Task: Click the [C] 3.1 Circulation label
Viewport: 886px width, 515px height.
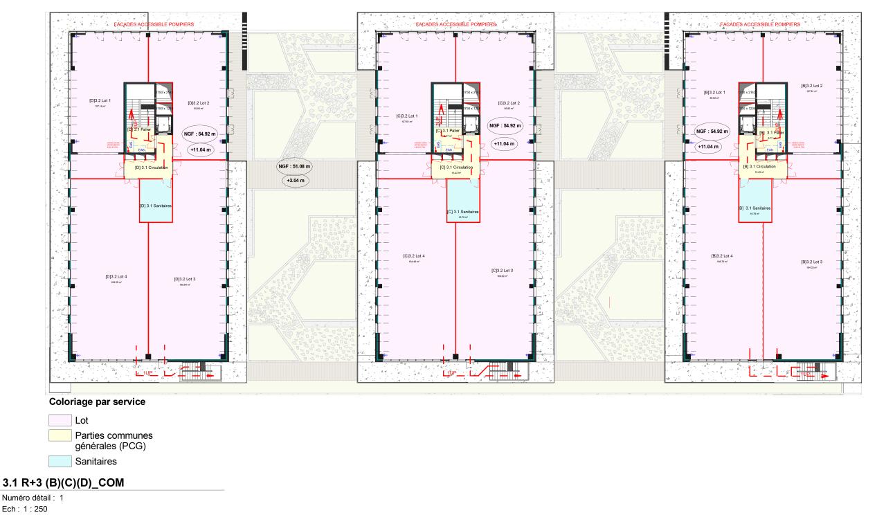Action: tap(457, 168)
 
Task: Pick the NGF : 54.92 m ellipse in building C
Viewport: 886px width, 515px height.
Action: tap(505, 126)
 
